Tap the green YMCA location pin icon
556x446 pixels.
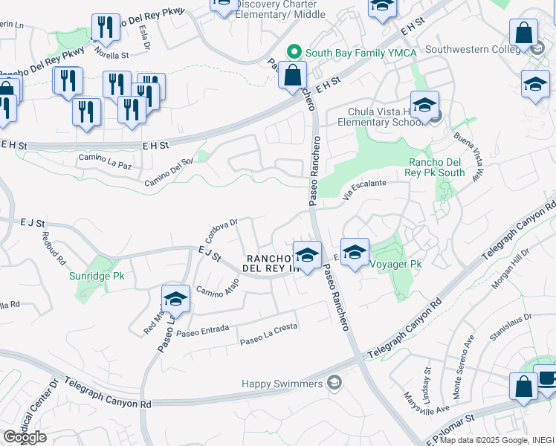point(294,52)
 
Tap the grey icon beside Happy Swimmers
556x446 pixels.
point(334,383)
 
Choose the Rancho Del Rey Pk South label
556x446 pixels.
point(436,168)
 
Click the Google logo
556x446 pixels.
point(25,437)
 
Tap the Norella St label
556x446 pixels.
point(110,54)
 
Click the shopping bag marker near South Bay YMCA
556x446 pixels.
point(293,74)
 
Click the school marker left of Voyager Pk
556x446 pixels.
point(355,251)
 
